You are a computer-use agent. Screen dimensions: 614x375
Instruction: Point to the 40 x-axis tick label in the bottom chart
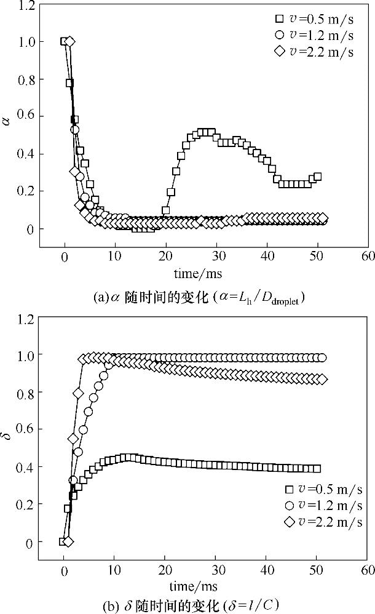[266, 570]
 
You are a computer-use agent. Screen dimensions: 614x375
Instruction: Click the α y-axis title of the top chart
[7, 122]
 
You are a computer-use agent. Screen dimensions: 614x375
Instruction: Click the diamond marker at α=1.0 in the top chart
[69, 41]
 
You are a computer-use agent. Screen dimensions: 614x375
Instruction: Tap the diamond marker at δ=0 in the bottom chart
[68, 541]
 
